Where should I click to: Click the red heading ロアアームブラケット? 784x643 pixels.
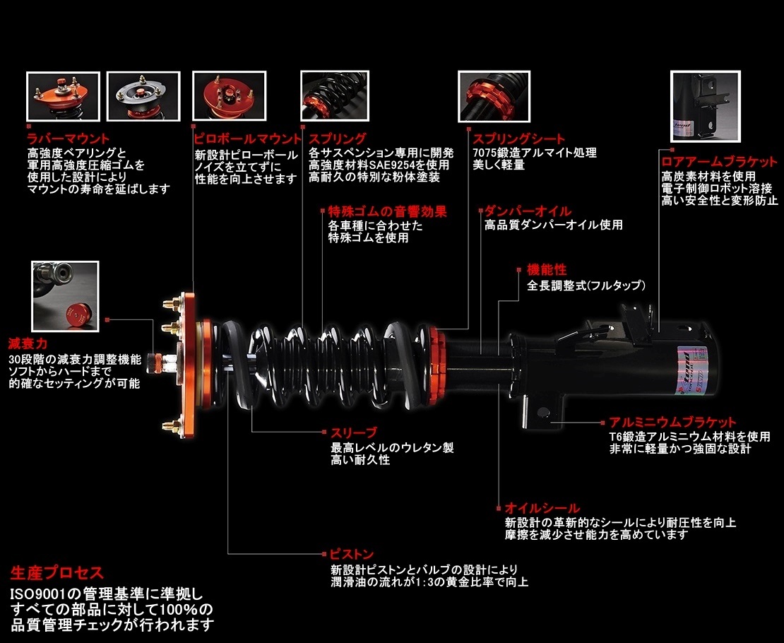pos(719,161)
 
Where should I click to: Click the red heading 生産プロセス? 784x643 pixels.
pos(57,572)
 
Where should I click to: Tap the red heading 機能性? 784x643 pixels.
pos(547,270)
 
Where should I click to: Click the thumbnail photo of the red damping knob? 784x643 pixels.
pos(65,295)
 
